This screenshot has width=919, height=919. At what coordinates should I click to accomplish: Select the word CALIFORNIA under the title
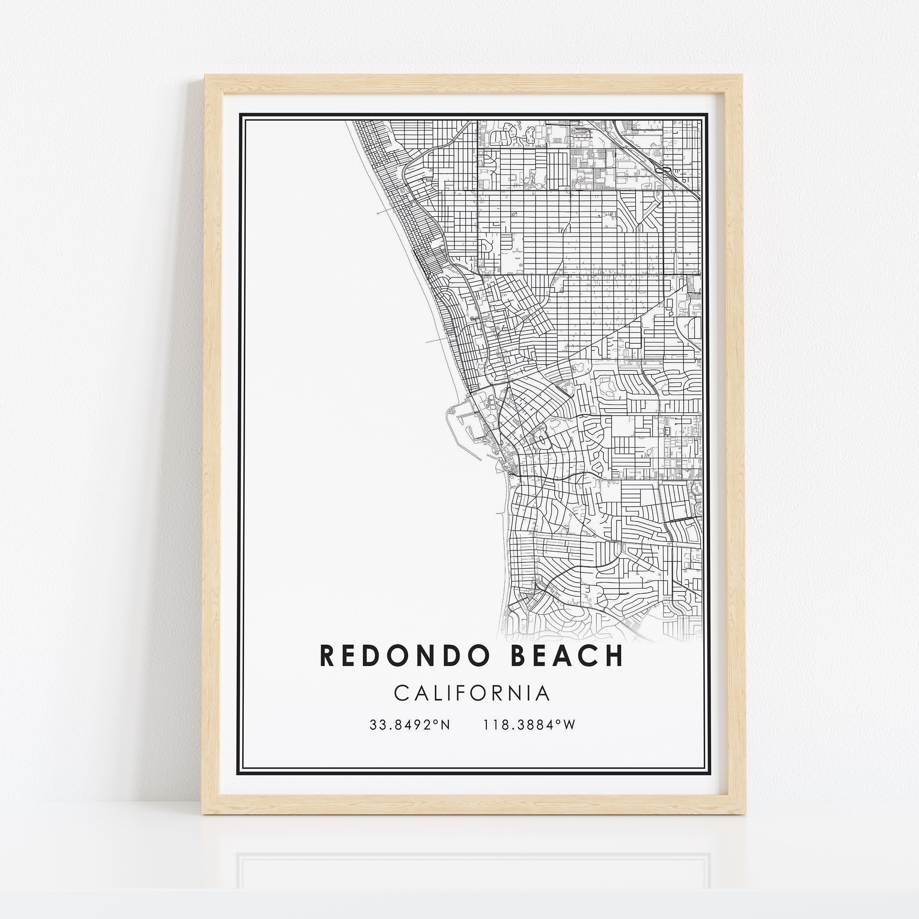[472, 694]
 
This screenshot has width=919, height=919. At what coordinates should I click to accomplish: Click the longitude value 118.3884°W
[529, 725]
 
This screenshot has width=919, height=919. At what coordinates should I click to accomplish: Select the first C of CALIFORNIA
[401, 694]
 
